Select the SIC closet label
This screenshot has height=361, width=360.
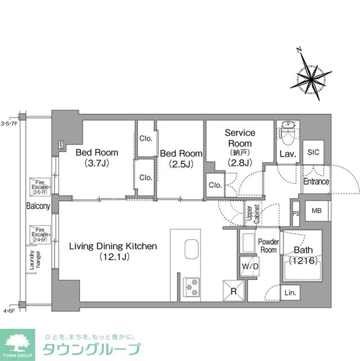(313, 151)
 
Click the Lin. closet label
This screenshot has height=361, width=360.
(291, 293)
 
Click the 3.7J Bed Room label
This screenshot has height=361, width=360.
(97, 157)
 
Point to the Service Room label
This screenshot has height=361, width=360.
(240, 147)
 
